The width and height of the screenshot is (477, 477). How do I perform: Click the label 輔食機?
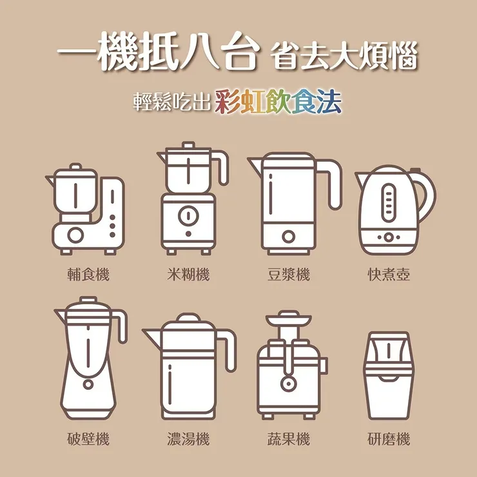pos(88,275)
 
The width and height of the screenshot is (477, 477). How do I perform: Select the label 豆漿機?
pos(288,275)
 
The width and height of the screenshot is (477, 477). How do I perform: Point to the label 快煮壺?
pos(389,275)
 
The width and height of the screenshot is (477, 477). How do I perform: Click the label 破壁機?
pos(88,440)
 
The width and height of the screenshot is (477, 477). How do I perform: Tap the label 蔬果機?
pos(288,440)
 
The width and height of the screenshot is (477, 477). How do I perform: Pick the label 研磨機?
pos(389,440)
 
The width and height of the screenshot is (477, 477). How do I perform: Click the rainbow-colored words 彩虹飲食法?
pos(278,102)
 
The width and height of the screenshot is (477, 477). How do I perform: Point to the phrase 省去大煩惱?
pos(345,57)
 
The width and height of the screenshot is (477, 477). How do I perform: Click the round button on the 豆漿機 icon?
pos(287,237)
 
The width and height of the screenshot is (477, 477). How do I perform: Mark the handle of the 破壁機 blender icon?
pos(121,326)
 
